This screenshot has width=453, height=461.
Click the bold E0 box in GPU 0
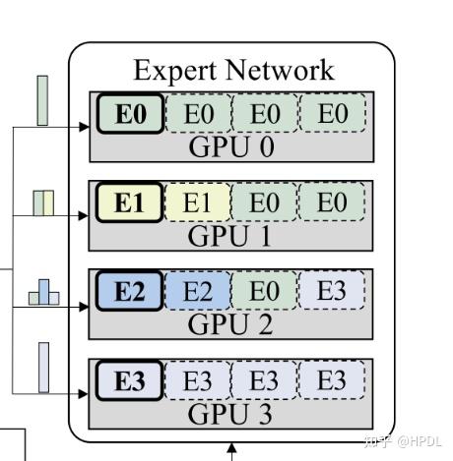coord(130,115)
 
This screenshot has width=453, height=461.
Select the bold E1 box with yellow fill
coord(130,202)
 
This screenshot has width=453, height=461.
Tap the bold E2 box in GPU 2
coord(130,291)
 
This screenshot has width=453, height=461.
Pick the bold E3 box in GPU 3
coord(130,380)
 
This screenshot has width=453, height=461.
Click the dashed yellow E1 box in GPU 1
coord(198,202)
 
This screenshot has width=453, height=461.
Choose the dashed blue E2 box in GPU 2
coord(198,291)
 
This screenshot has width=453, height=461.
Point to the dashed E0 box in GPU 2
coord(264,291)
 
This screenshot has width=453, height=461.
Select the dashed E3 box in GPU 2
coord(332,291)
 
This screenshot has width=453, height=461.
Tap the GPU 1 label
coord(230,235)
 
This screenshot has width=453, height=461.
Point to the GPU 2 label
coord(230,323)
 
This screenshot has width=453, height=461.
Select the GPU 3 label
coord(230,413)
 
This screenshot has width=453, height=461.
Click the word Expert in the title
coord(173,71)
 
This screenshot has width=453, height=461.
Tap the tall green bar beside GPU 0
coord(42,100)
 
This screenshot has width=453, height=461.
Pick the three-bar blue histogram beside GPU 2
coord(43,292)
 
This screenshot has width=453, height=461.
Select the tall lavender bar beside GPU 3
coord(43,367)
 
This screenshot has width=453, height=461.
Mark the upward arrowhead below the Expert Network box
coord(231,451)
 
